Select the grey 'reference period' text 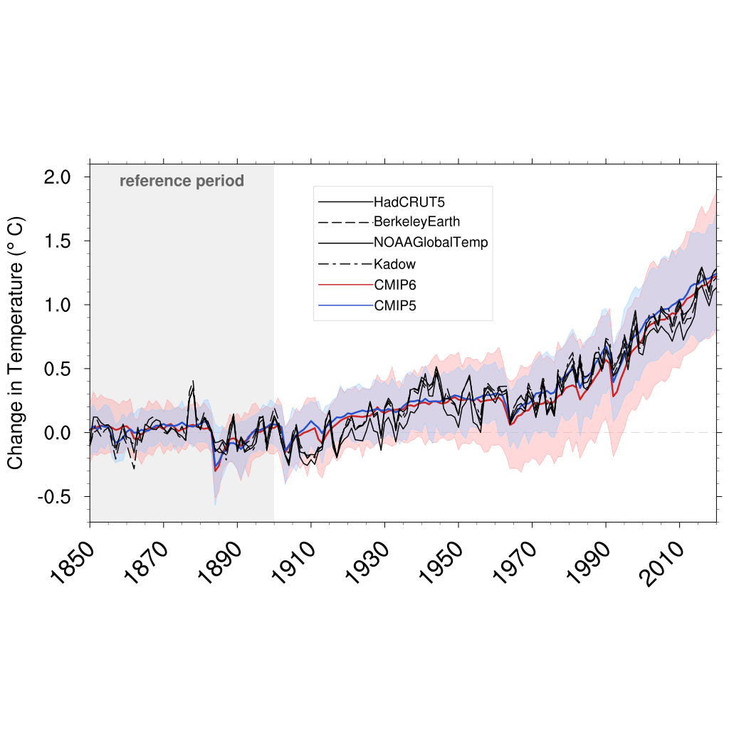[182, 181]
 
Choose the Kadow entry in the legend [394, 264]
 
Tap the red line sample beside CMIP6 [345, 285]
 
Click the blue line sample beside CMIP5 [345, 306]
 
